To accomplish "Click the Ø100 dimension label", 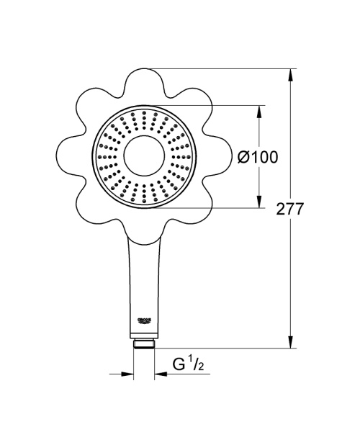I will tap(257, 156).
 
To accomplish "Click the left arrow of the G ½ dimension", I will tap(128, 374).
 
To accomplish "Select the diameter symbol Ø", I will tap(244, 156).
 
